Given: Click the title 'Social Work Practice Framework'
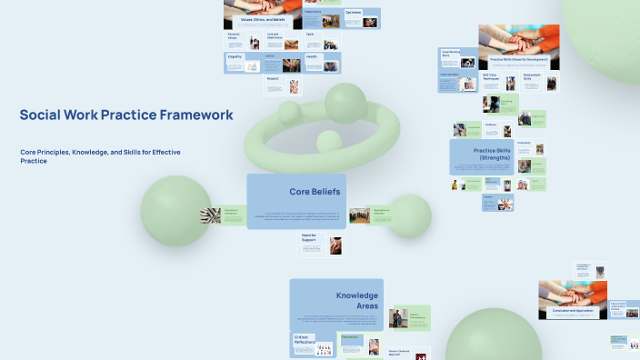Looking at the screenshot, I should pyautogui.click(x=126, y=115).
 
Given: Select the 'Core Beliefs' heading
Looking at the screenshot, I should pyautogui.click(x=315, y=192).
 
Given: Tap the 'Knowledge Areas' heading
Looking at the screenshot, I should pyautogui.click(x=356, y=301).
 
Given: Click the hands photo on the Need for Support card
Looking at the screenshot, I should pyautogui.click(x=335, y=245).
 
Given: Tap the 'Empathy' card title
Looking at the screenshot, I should pyautogui.click(x=235, y=56).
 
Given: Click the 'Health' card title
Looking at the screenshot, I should pyautogui.click(x=311, y=56).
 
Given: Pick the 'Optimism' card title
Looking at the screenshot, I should pyautogui.click(x=354, y=13).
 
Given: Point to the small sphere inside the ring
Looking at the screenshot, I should pyautogui.click(x=327, y=142).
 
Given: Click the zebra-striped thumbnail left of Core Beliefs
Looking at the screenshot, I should pyautogui.click(x=211, y=215).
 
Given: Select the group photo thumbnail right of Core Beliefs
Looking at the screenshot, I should pyautogui.click(x=360, y=215).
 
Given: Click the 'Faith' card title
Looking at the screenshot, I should pyautogui.click(x=310, y=34).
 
